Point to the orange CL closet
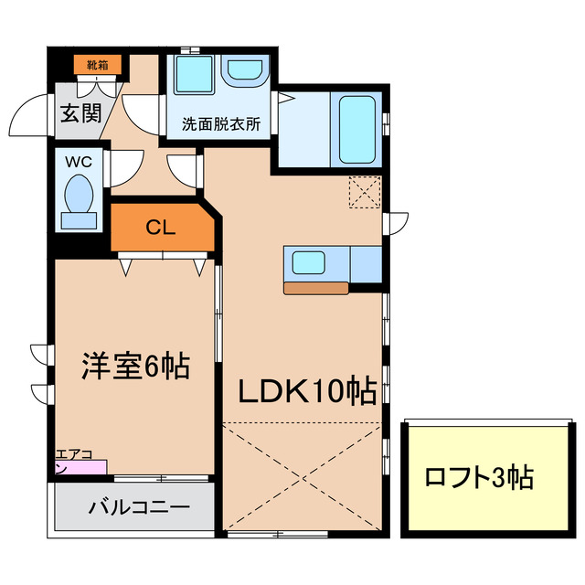[161, 229]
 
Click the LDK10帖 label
[307, 392]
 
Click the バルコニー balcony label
[138, 506]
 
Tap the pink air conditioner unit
[80, 468]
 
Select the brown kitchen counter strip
[316, 288]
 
